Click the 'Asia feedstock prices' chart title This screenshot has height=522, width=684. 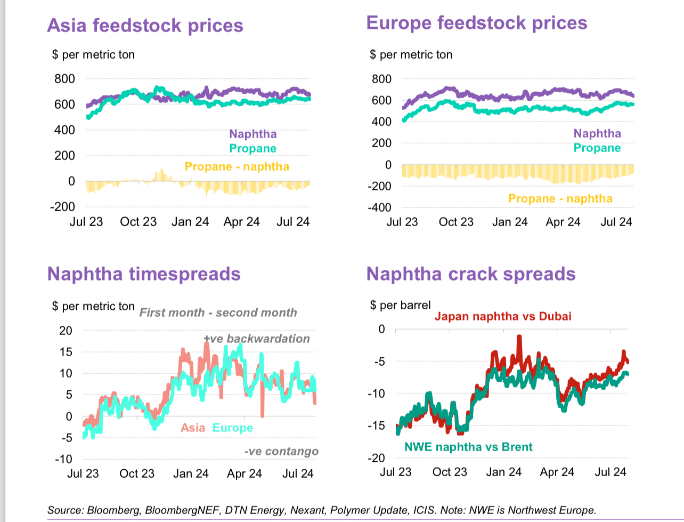click(x=145, y=26)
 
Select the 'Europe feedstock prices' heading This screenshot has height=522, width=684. click(x=477, y=23)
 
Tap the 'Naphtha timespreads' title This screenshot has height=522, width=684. click(x=144, y=274)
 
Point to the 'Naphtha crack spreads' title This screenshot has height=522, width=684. click(x=471, y=274)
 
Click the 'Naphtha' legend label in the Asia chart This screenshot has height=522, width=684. click(x=253, y=134)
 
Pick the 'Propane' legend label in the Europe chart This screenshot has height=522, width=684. click(x=597, y=148)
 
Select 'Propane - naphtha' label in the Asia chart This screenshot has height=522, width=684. click(x=237, y=167)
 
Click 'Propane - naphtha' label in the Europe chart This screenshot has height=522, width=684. click(x=560, y=199)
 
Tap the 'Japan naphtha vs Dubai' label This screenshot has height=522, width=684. click(x=503, y=317)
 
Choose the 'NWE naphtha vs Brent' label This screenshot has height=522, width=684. click(x=468, y=447)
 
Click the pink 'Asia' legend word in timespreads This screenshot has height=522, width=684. click(x=193, y=428)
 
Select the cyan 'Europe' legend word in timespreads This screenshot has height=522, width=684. click(x=233, y=428)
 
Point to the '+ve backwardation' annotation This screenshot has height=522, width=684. click(x=257, y=339)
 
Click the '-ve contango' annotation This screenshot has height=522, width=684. click(x=281, y=452)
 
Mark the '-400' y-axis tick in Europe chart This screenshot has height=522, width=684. click(x=379, y=207)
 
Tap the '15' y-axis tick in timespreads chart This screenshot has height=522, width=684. click(x=66, y=352)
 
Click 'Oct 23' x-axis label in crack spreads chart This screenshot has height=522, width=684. click(x=450, y=472)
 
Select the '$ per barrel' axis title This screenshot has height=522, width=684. click(x=401, y=306)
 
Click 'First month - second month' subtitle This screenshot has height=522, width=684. click(x=218, y=313)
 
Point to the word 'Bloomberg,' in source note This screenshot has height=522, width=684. click(x=115, y=510)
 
